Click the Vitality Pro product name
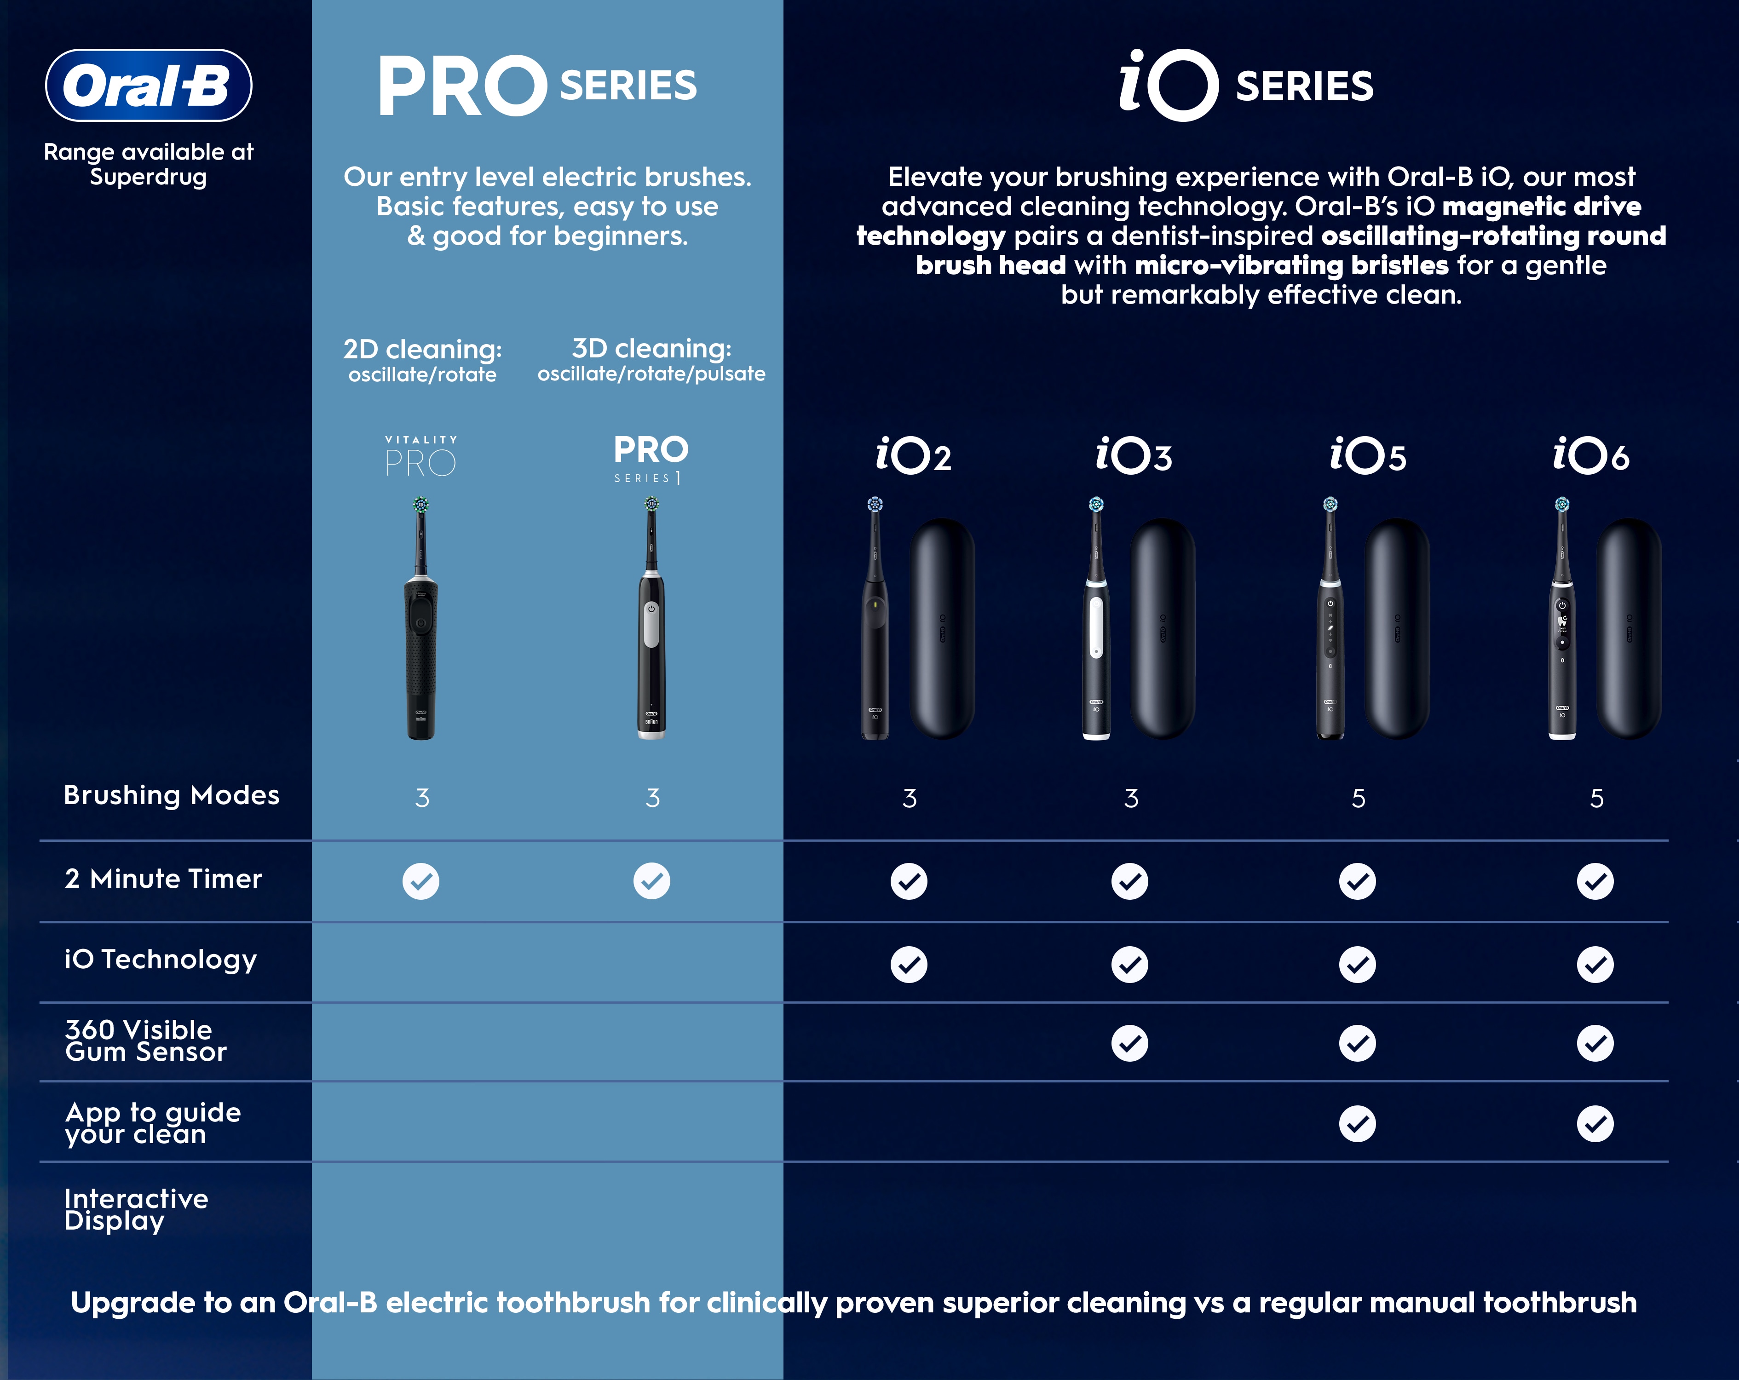point(421,456)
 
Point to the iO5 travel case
point(1396,628)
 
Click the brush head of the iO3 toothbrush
point(1096,505)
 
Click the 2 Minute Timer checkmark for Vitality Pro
point(421,881)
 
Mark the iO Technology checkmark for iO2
point(909,964)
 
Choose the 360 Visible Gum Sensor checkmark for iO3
point(1130,1043)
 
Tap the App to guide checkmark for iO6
point(1595,1123)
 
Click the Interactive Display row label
point(136,1210)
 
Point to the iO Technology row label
point(161,960)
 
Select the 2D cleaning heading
point(423,349)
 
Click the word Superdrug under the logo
point(149,178)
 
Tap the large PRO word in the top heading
point(462,86)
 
